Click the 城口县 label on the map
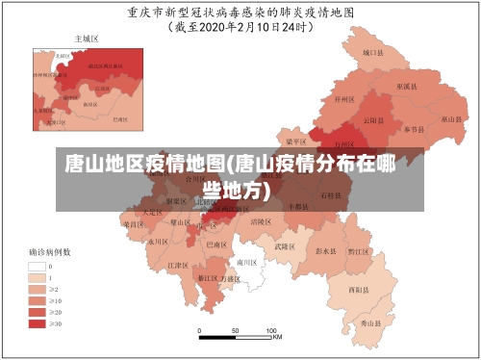[x=373, y=53]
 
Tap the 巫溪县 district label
[x=404, y=87]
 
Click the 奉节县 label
[x=415, y=128]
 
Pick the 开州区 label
[x=344, y=98]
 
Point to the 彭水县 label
[x=325, y=250]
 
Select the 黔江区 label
[x=358, y=251]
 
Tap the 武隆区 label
[x=285, y=246]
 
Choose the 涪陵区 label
[x=260, y=221]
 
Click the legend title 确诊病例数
[x=48, y=252]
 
